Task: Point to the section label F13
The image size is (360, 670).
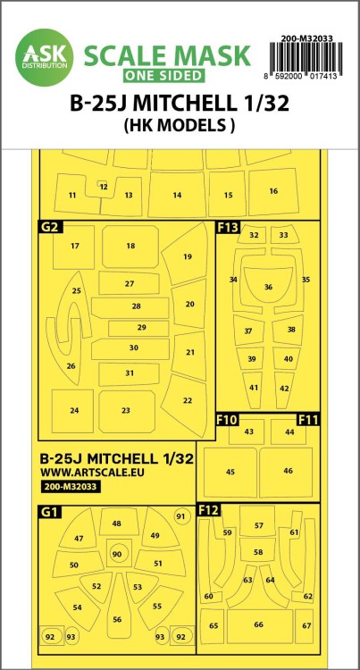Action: (x=228, y=228)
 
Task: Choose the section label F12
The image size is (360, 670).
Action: (x=208, y=510)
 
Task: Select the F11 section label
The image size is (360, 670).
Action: (x=308, y=417)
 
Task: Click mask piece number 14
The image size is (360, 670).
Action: (x=177, y=194)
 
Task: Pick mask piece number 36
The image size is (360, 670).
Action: (x=268, y=289)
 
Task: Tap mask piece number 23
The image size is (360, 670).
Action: (x=126, y=410)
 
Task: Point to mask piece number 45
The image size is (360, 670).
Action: (x=230, y=472)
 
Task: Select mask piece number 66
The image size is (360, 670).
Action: (x=258, y=624)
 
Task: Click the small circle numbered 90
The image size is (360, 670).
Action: (x=116, y=555)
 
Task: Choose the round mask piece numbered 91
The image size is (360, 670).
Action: (x=180, y=516)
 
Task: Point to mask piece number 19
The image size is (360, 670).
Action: (x=186, y=256)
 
